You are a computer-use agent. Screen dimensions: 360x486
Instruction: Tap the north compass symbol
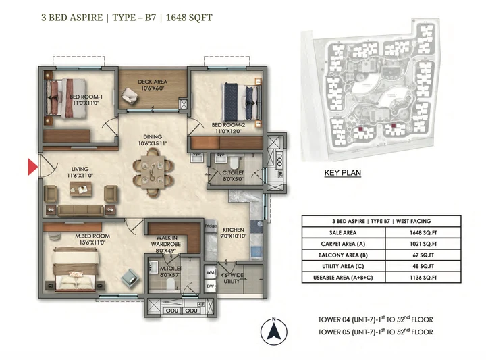coord(275,331)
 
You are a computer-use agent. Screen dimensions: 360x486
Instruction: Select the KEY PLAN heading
coord(342,173)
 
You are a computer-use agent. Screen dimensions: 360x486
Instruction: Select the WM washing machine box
coord(211,272)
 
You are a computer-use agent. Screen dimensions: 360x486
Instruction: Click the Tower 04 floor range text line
coord(376,319)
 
